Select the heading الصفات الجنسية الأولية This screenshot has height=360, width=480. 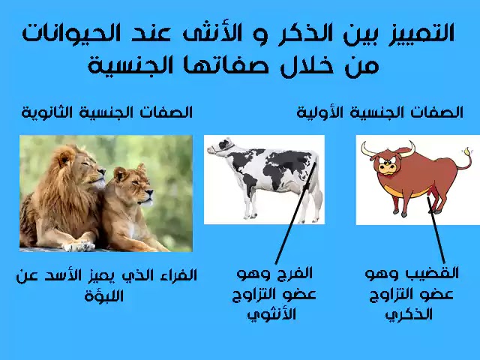379,112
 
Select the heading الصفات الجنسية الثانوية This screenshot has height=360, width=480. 106,112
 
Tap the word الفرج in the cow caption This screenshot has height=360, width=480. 296,273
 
